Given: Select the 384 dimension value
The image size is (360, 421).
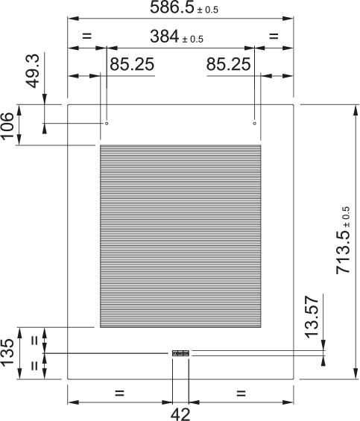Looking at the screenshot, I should (166, 36).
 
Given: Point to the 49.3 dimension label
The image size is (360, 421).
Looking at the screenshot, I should (32, 71).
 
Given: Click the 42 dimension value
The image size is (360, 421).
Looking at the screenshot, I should (180, 414).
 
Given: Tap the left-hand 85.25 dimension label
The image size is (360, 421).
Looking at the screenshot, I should (132, 65).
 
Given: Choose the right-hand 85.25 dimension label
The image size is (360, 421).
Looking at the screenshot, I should (228, 65).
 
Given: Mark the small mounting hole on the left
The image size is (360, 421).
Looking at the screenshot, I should (107, 123).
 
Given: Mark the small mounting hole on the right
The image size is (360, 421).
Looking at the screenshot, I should (255, 123).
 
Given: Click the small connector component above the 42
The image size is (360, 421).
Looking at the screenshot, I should (180, 353).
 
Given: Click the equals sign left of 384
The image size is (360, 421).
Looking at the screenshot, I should (86, 36).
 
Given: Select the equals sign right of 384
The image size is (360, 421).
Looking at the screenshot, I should (273, 36).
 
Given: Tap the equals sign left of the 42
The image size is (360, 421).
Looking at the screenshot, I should (119, 392).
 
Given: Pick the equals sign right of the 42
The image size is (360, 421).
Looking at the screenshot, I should (241, 392).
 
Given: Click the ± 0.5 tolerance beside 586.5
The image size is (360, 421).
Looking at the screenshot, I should (208, 11).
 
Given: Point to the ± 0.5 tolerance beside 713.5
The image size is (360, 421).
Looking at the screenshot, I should (345, 215).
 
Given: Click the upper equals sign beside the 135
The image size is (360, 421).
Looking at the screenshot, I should (34, 341).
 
